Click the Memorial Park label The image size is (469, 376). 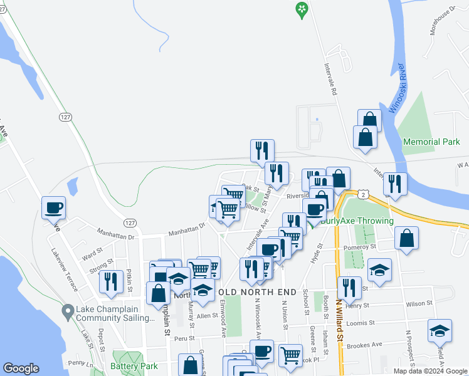coord(431,142)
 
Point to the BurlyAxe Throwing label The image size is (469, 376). coord(356,221)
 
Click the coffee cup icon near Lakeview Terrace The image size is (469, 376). coord(54,207)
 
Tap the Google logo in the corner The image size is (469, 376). coord(21,368)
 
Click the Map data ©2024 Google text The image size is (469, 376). coord(430,371)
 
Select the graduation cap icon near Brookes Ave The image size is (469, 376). coord(440,330)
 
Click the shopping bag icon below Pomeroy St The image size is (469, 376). coord(407,238)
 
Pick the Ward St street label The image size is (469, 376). coord(92,256)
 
